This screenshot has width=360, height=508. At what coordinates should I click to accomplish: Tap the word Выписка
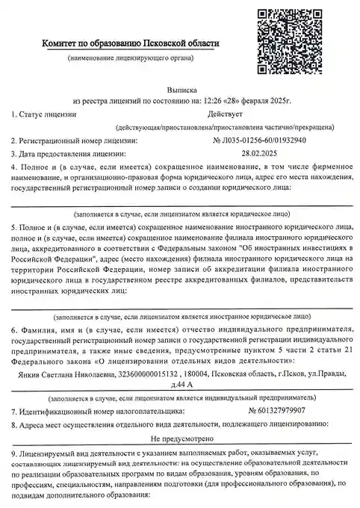pos(180,87)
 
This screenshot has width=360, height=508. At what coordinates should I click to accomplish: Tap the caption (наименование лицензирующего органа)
pos(131,58)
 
